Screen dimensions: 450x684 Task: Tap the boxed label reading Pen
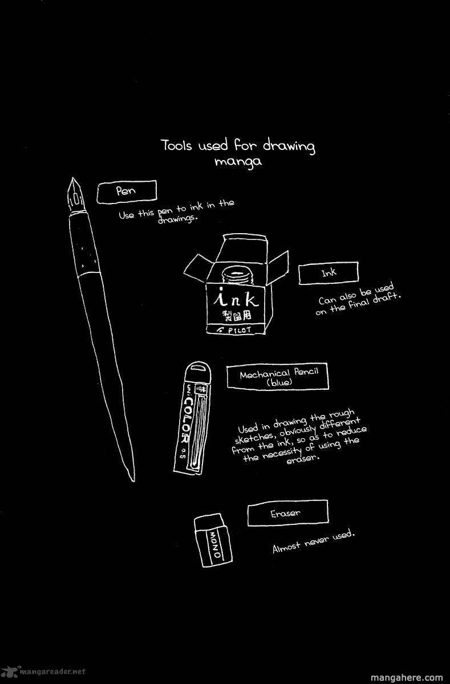pyautogui.click(x=127, y=192)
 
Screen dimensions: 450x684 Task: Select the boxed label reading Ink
pyautogui.click(x=329, y=272)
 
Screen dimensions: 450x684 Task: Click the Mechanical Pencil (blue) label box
pyautogui.click(x=278, y=376)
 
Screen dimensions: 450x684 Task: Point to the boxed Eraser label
pyautogui.click(x=288, y=513)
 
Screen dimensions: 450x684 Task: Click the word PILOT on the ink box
pyautogui.click(x=240, y=330)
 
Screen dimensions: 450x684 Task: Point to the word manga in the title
pyautogui.click(x=238, y=161)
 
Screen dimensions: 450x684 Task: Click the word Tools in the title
pyautogui.click(x=176, y=145)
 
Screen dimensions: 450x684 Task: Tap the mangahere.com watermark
pyautogui.click(x=407, y=677)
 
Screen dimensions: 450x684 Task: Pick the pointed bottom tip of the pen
pyautogui.click(x=133, y=481)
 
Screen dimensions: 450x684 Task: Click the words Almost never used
pyautogui.click(x=314, y=541)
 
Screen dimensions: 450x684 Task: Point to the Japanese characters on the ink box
pyautogui.click(x=237, y=316)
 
